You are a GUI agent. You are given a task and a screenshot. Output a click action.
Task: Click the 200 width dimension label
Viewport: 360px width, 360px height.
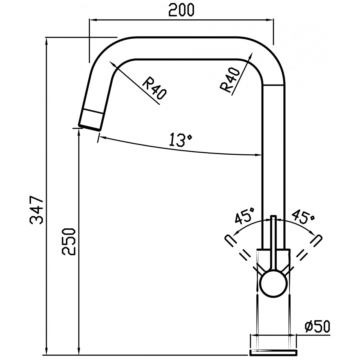point(181,10)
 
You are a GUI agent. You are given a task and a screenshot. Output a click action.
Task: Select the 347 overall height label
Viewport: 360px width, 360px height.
point(36,210)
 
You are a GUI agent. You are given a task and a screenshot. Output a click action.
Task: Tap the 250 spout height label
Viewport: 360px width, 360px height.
point(69,242)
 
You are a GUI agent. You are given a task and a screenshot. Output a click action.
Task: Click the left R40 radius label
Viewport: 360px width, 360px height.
point(154,88)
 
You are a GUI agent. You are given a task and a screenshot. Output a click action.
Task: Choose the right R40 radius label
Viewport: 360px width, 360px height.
point(230,80)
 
